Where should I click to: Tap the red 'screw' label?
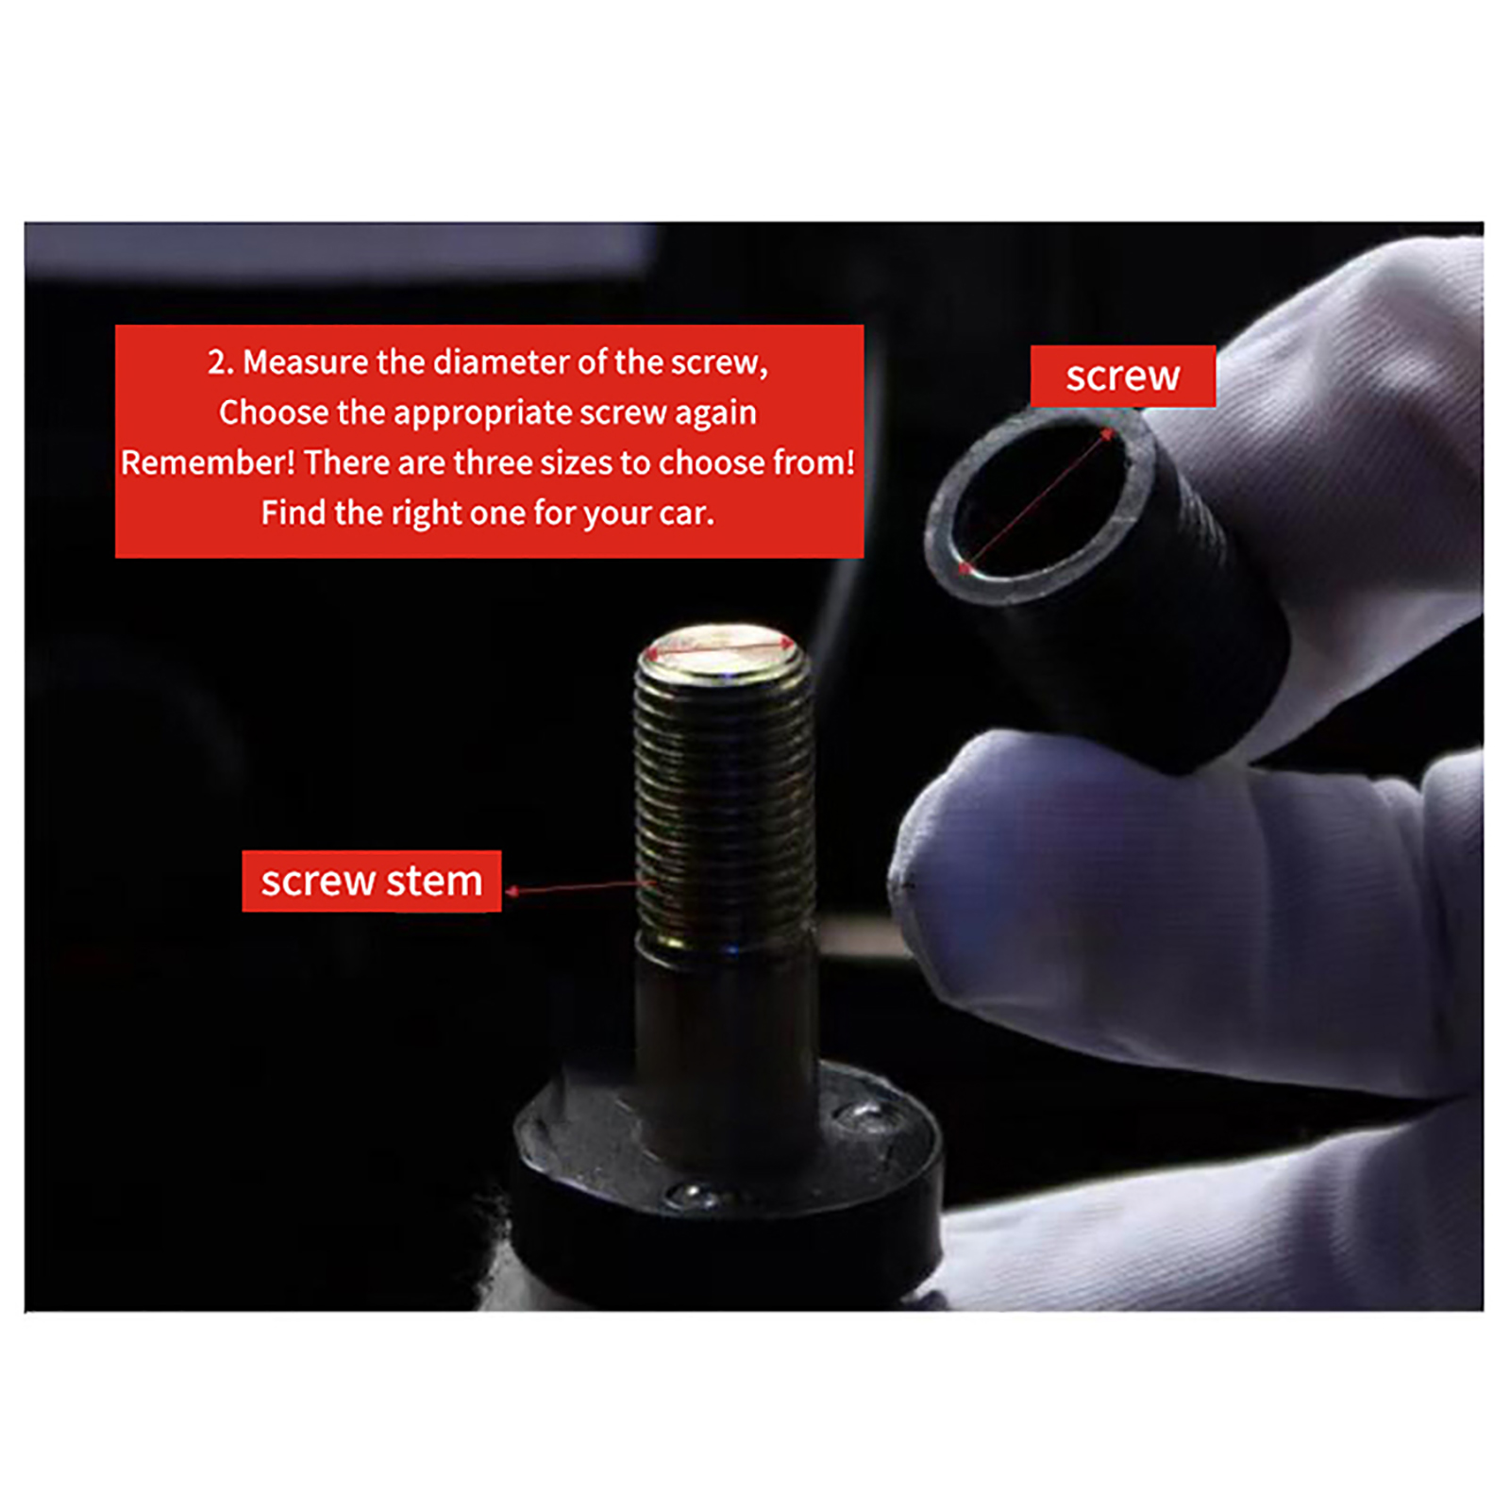1122,376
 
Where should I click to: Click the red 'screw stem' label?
371,881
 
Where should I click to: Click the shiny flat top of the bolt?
721,650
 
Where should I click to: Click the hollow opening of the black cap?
1038,500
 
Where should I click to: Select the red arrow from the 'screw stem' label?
580,887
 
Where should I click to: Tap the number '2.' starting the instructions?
221,362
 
